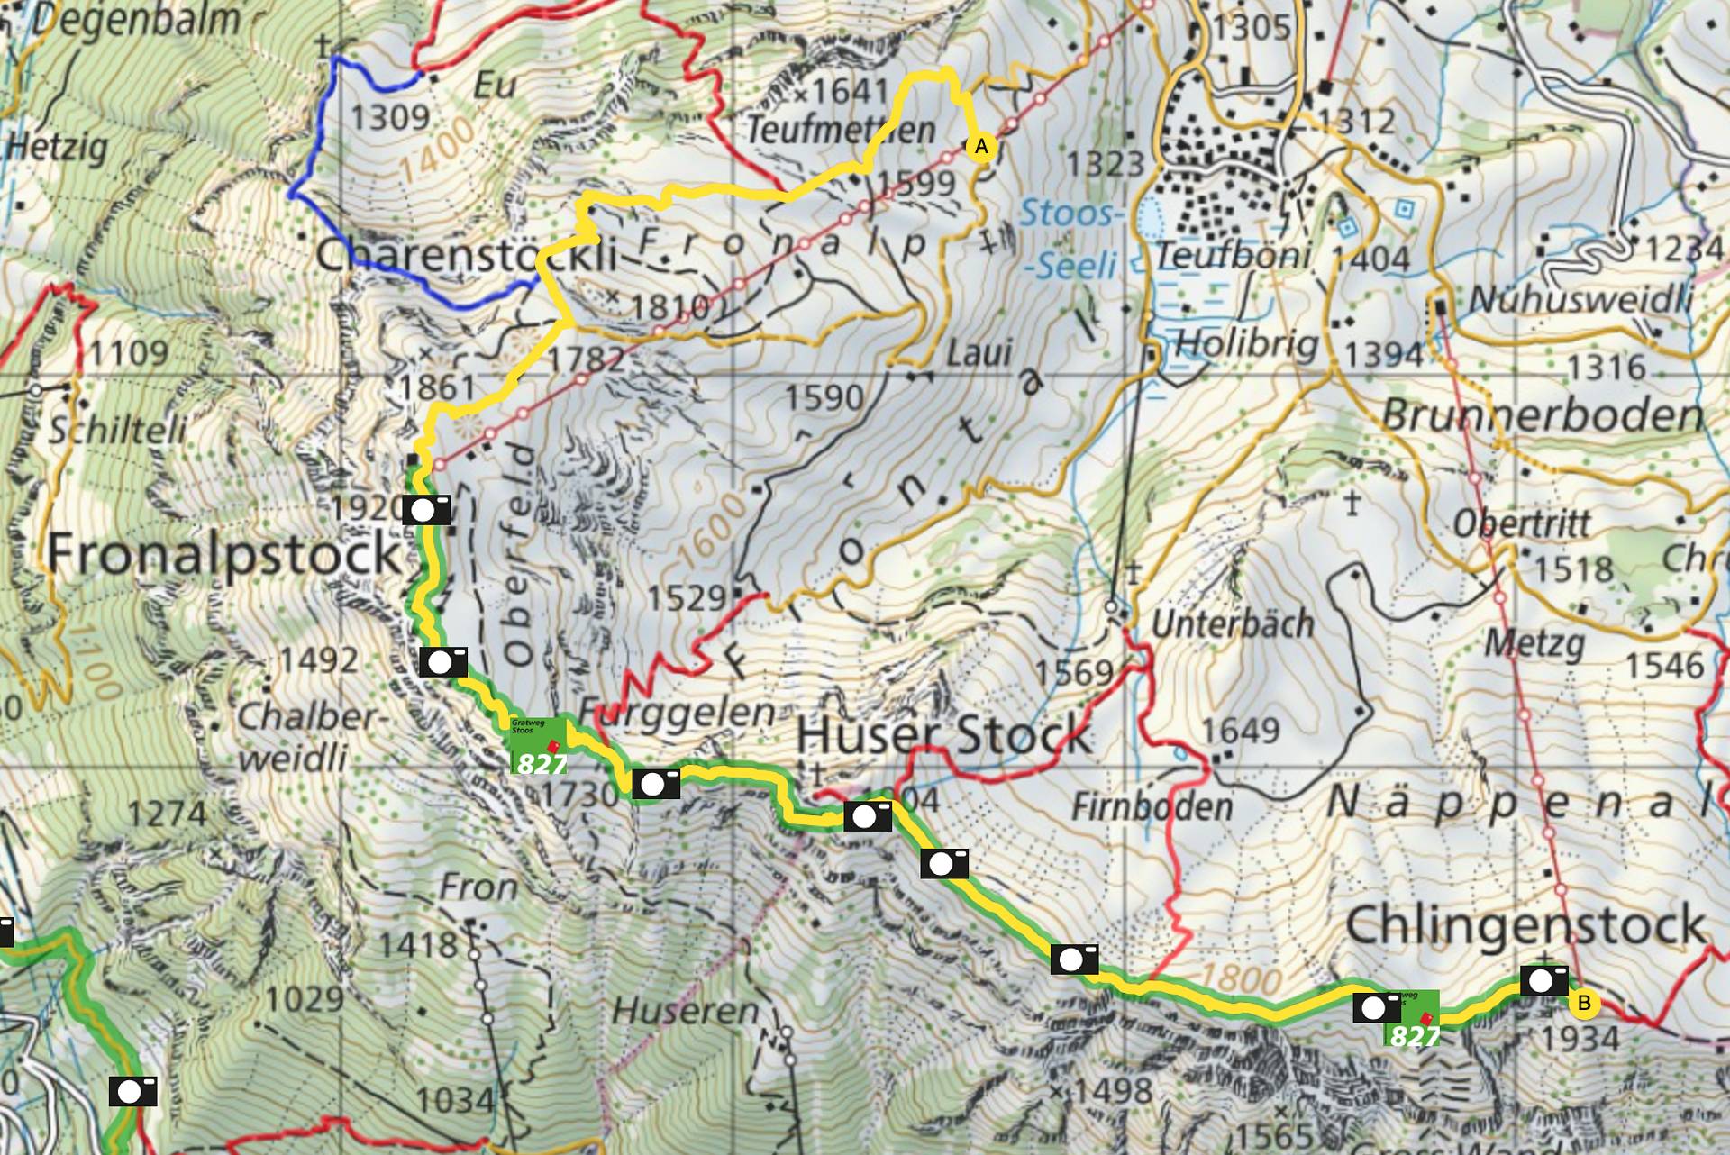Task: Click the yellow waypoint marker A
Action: [981, 146]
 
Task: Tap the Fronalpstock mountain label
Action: [223, 553]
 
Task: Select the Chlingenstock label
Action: [1525, 925]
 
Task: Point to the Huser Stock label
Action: [943, 734]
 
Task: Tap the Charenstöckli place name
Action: [466, 256]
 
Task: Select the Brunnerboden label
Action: [1542, 415]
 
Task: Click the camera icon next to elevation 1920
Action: [426, 509]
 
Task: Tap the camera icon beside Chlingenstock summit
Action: [1543, 980]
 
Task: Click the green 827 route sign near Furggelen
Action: [539, 745]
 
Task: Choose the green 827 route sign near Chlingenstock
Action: [1412, 1019]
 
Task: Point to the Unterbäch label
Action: [1233, 623]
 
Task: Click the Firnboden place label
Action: [1151, 806]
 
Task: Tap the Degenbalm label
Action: [135, 20]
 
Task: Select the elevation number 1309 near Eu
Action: [390, 117]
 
